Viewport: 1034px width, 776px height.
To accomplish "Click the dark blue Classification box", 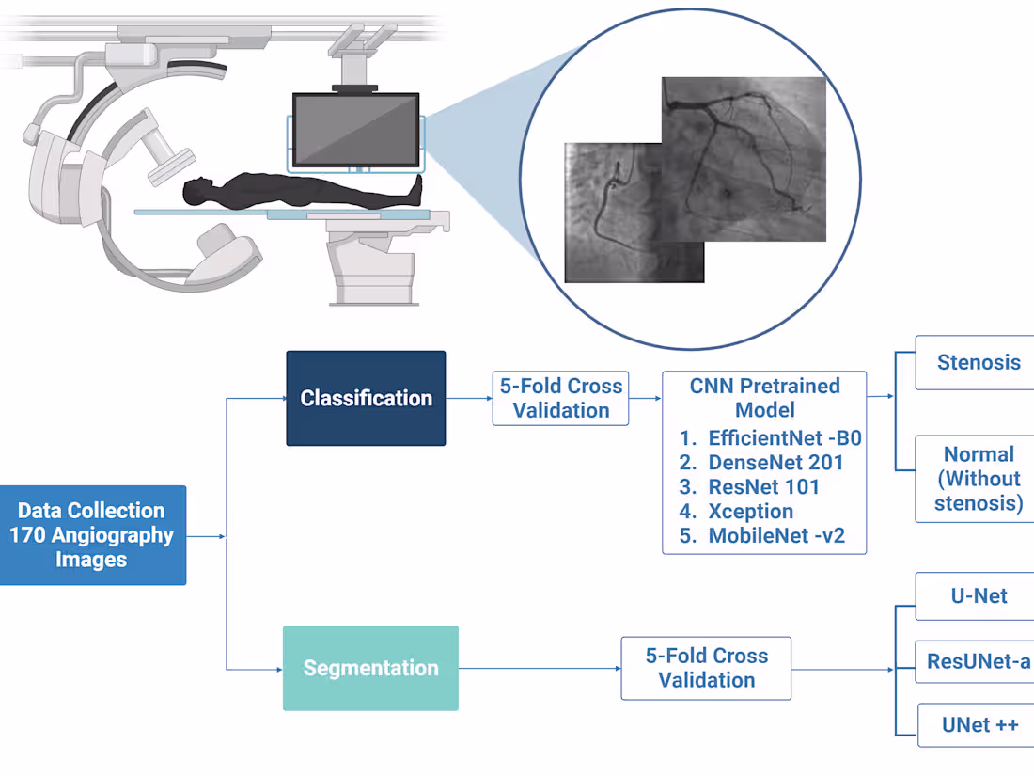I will coord(366,398).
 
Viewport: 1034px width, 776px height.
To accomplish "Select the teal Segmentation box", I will coord(370,668).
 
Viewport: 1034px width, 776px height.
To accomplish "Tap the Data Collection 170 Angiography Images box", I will coord(92,535).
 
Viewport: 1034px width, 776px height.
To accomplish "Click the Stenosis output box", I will coord(978,362).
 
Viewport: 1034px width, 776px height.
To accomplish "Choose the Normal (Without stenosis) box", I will coord(978,479).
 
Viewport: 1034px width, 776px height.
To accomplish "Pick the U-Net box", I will coord(978,596).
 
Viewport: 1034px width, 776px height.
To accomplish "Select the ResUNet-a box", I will coord(978,661).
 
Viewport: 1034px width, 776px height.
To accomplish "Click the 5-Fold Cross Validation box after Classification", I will coord(561,398).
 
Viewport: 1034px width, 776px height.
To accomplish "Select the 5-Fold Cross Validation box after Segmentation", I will coord(706,668).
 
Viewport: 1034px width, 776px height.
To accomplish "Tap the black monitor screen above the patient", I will coord(355,130).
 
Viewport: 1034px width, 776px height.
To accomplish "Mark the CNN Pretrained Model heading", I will coord(764,398).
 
